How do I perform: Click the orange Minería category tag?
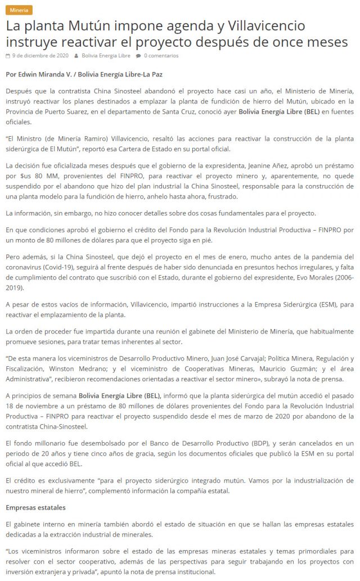19,10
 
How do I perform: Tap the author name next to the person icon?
106,56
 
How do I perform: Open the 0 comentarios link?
161,56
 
